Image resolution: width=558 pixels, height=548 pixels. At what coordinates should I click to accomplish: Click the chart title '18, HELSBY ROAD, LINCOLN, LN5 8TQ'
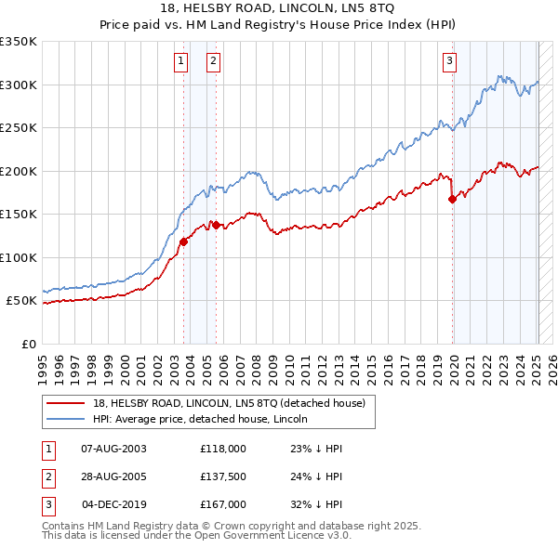279,10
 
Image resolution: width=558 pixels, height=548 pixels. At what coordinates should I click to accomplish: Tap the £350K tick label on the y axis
19,42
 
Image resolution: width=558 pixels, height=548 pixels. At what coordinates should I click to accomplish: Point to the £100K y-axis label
19,257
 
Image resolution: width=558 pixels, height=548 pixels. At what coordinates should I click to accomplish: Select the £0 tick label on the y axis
28,344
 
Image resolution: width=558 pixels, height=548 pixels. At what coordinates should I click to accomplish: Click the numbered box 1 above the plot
180,62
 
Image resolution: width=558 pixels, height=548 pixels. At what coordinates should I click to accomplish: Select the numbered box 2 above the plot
214,62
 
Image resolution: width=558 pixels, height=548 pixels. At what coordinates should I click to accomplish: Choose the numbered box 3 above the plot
449,62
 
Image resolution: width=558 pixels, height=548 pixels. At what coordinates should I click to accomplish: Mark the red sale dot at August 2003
183,241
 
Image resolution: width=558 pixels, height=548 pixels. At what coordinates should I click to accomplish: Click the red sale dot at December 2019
452,199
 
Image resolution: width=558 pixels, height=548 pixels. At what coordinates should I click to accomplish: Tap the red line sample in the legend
66,403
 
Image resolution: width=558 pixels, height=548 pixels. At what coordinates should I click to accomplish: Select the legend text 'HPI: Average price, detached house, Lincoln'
199,419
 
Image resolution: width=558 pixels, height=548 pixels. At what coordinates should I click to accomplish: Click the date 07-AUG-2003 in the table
113,448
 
